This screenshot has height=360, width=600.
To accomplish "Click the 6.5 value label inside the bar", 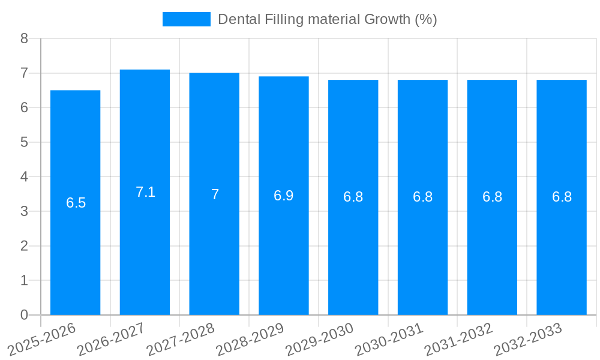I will click(x=76, y=203).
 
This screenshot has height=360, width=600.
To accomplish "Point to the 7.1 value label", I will click(x=145, y=192).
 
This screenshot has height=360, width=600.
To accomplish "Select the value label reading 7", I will click(x=215, y=194).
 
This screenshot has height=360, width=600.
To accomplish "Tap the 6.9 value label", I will click(x=284, y=196).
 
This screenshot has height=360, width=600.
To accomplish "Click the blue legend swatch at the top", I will click(x=186, y=19).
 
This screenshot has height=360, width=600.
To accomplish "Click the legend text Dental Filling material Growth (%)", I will click(x=327, y=19).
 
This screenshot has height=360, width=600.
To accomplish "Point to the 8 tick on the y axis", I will click(x=24, y=38).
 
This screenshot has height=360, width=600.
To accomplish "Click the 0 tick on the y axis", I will click(x=24, y=315).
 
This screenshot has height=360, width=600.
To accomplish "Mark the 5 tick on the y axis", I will click(x=24, y=142).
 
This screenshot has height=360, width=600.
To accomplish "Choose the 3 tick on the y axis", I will click(x=24, y=211).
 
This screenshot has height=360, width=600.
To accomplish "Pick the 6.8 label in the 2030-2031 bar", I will click(x=422, y=197).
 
